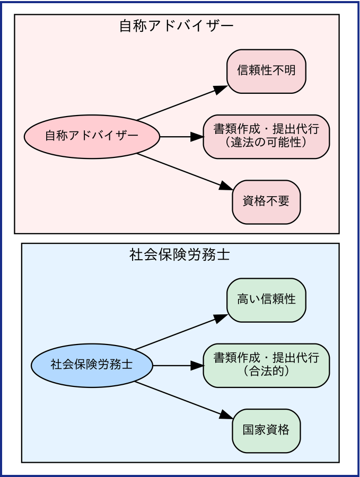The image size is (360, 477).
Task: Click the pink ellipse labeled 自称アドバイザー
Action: coord(92,137)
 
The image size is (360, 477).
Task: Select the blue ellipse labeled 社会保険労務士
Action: coord(92,366)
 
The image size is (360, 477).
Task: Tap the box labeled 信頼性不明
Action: coord(266,72)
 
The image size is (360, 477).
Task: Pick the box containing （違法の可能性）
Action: coord(266,137)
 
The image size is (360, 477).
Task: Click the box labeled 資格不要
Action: coord(266,202)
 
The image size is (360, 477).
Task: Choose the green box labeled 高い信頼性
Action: coord(266,300)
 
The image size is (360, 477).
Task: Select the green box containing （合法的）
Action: coord(266,366)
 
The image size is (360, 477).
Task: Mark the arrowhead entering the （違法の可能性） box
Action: coord(197,137)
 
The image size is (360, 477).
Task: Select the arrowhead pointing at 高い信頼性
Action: coord(221,317)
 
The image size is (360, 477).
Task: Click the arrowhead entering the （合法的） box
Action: coord(197,366)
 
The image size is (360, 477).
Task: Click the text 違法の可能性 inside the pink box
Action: coord(266,143)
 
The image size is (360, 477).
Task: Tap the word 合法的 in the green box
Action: coord(266,372)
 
